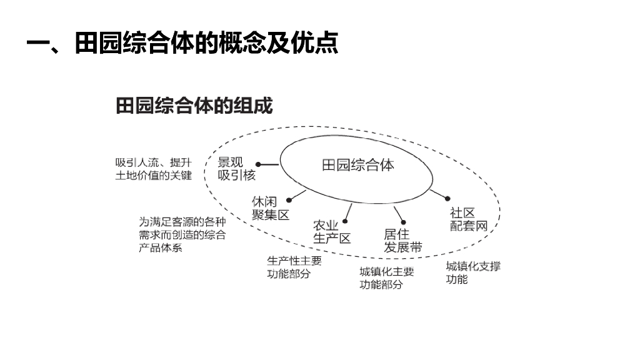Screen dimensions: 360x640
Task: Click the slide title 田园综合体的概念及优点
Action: click(x=182, y=44)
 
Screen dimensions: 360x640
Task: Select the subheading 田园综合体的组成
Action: click(x=194, y=106)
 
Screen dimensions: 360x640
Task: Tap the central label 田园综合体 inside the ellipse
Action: click(x=358, y=166)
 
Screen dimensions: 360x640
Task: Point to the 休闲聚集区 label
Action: click(x=271, y=208)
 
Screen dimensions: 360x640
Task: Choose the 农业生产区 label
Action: click(x=332, y=232)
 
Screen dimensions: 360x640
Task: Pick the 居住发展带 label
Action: click(x=402, y=241)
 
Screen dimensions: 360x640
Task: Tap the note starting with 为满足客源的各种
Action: click(x=182, y=234)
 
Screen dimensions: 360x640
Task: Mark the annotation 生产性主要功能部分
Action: click(x=294, y=267)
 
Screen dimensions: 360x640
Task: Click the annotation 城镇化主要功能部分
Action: click(x=386, y=278)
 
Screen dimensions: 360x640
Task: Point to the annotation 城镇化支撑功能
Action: click(x=473, y=272)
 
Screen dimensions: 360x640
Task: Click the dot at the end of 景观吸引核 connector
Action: click(x=258, y=165)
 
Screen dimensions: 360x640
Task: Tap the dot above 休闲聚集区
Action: click(x=290, y=201)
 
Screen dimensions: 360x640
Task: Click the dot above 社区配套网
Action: click(x=447, y=198)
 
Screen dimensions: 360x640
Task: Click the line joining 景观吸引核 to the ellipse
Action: click(x=269, y=165)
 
